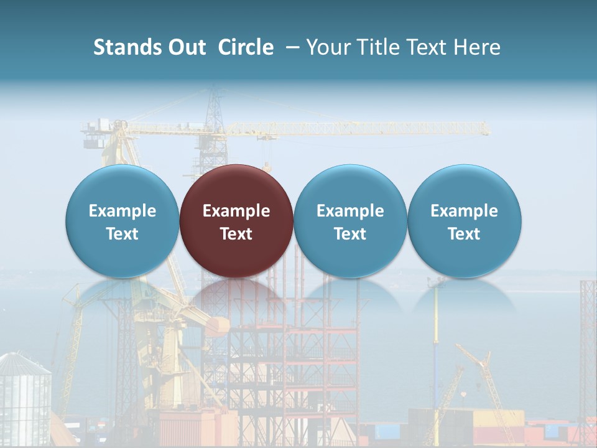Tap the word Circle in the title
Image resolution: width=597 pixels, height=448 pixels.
click(x=246, y=47)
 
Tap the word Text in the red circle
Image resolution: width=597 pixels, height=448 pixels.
click(x=236, y=234)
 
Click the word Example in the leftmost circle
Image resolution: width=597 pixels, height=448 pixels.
click(x=123, y=211)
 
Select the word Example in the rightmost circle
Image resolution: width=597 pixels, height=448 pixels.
click(x=465, y=211)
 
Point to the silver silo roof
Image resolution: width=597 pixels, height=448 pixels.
click(x=24, y=363)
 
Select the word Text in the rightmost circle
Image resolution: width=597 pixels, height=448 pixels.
click(x=465, y=234)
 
